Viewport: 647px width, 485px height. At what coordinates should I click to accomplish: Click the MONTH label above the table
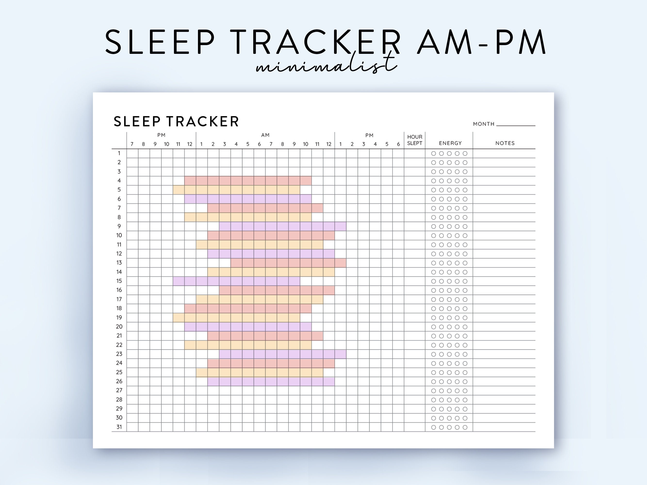(483, 124)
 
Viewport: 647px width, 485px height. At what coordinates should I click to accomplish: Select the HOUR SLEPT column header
(414, 140)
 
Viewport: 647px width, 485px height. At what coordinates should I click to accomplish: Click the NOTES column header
(505, 143)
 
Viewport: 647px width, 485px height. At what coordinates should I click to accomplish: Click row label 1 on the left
(119, 153)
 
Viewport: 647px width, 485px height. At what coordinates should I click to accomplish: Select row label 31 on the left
(119, 427)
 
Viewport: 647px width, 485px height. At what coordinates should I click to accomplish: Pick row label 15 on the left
(119, 281)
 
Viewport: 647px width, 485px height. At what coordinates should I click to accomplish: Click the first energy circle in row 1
(434, 154)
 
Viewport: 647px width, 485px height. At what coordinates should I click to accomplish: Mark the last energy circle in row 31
(465, 428)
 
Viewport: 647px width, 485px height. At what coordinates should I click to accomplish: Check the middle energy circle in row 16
(449, 290)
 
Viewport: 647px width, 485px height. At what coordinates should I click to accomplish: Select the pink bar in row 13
(288, 263)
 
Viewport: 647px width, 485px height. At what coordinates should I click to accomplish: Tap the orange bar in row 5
(236, 190)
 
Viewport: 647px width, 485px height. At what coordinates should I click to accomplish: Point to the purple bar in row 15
(236, 281)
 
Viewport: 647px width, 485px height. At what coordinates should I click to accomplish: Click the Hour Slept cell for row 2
(414, 162)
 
